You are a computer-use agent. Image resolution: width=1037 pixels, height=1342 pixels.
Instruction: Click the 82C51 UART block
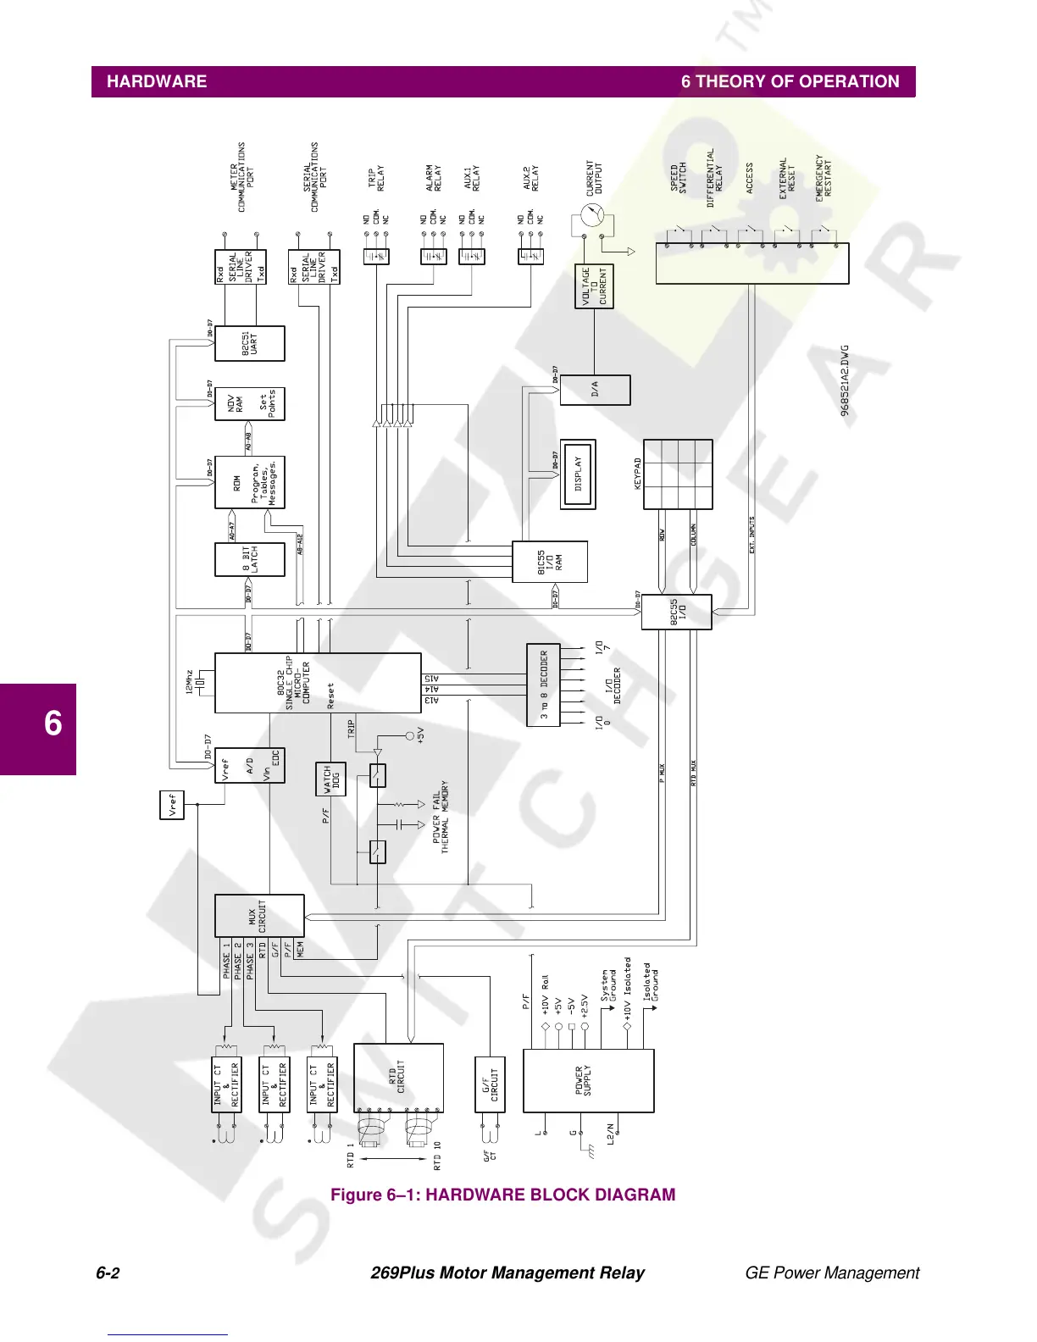tap(250, 344)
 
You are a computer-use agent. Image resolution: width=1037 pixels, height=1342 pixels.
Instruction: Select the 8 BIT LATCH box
tap(250, 559)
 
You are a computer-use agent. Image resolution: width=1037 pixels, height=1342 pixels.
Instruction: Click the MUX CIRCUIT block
tap(259, 916)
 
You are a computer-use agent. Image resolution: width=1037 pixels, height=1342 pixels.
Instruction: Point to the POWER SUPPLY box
tap(588, 1080)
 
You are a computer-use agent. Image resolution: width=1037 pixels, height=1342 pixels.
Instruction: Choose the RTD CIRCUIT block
tap(398, 1078)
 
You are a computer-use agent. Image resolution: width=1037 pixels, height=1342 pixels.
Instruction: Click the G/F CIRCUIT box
tap(491, 1084)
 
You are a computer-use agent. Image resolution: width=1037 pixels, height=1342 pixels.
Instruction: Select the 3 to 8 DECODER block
tap(543, 685)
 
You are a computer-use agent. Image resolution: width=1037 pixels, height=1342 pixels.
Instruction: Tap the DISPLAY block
tap(579, 474)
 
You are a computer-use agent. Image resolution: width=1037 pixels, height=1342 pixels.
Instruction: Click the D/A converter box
tap(595, 390)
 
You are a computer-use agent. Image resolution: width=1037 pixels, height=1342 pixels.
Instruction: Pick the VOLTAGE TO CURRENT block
tap(594, 287)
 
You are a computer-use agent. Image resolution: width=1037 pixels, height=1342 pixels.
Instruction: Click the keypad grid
tap(678, 474)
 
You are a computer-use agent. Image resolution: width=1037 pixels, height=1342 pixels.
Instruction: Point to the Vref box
tap(172, 804)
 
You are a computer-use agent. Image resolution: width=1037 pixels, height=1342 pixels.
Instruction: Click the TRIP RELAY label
tap(375, 179)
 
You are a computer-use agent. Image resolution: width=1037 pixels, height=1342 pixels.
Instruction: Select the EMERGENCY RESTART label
tap(823, 178)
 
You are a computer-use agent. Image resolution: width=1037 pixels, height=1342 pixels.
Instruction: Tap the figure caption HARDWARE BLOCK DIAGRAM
tap(503, 1195)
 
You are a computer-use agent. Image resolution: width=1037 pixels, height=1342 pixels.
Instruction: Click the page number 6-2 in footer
tap(108, 1273)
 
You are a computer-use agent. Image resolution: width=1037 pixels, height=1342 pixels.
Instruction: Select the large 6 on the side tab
tap(53, 724)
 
